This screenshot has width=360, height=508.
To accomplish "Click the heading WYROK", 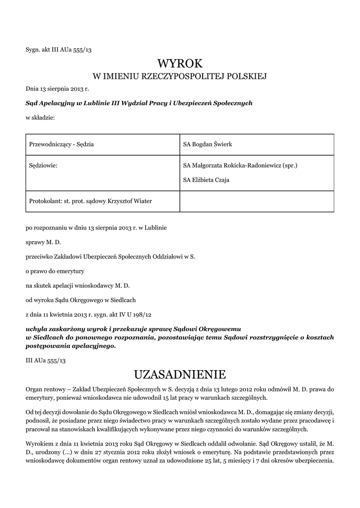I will pyautogui.click(x=180, y=63).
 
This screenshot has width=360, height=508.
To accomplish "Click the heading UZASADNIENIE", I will pyautogui.click(x=180, y=373).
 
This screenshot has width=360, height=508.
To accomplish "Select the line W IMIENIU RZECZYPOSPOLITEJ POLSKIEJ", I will pyautogui.click(x=180, y=76).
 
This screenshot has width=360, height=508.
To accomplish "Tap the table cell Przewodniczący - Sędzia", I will pyautogui.click(x=62, y=144).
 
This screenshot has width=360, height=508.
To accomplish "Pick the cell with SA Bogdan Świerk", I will pyautogui.click(x=208, y=144).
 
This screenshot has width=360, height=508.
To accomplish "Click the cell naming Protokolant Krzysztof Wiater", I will pyautogui.click(x=91, y=201).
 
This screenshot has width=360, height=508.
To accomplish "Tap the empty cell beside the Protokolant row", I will pyautogui.click(x=256, y=201).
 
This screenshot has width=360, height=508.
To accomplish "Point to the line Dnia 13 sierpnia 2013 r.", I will pyautogui.click(x=57, y=89).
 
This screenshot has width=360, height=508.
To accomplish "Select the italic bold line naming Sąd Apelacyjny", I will pyautogui.click(x=139, y=103).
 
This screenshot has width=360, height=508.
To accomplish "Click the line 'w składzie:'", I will pyautogui.click(x=40, y=118).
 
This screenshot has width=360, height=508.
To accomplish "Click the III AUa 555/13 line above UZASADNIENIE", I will pyautogui.click(x=46, y=360).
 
